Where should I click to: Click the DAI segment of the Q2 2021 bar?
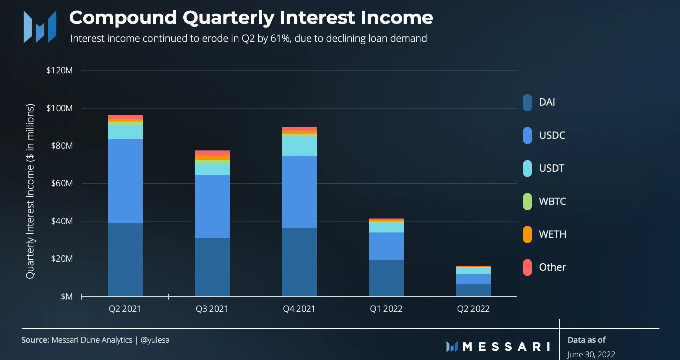click(x=125, y=259)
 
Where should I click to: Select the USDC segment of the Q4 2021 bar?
click(x=299, y=192)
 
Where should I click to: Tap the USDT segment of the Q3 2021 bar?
click(x=212, y=169)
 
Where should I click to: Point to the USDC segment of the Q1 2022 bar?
click(x=386, y=246)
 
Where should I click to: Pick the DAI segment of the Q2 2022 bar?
click(x=473, y=290)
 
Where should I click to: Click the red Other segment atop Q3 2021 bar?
click(x=212, y=153)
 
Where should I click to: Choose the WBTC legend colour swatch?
click(x=527, y=201)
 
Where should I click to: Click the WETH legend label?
click(x=552, y=234)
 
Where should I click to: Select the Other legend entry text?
click(x=552, y=267)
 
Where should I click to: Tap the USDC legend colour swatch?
click(x=527, y=135)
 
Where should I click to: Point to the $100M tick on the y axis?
click(x=59, y=108)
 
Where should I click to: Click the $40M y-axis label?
click(x=62, y=221)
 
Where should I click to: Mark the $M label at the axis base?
click(x=66, y=296)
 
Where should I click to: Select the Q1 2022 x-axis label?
click(x=386, y=309)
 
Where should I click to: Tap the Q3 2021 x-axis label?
click(x=212, y=309)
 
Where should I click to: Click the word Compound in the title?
click(x=123, y=18)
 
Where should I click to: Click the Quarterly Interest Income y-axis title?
click(x=30, y=191)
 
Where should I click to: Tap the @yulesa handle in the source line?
click(x=155, y=340)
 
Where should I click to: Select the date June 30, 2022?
click(x=591, y=355)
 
